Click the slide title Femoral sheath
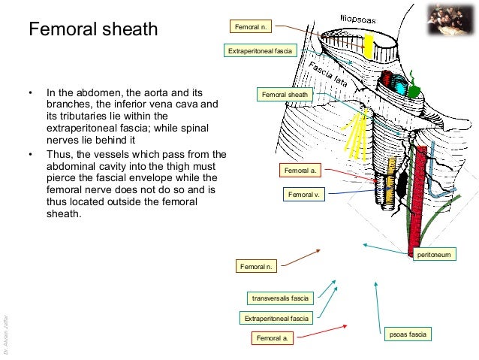pos(93,30)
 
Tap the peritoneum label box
pos(433,256)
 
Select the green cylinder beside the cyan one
pos(414,89)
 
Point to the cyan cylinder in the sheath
pos(400,88)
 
